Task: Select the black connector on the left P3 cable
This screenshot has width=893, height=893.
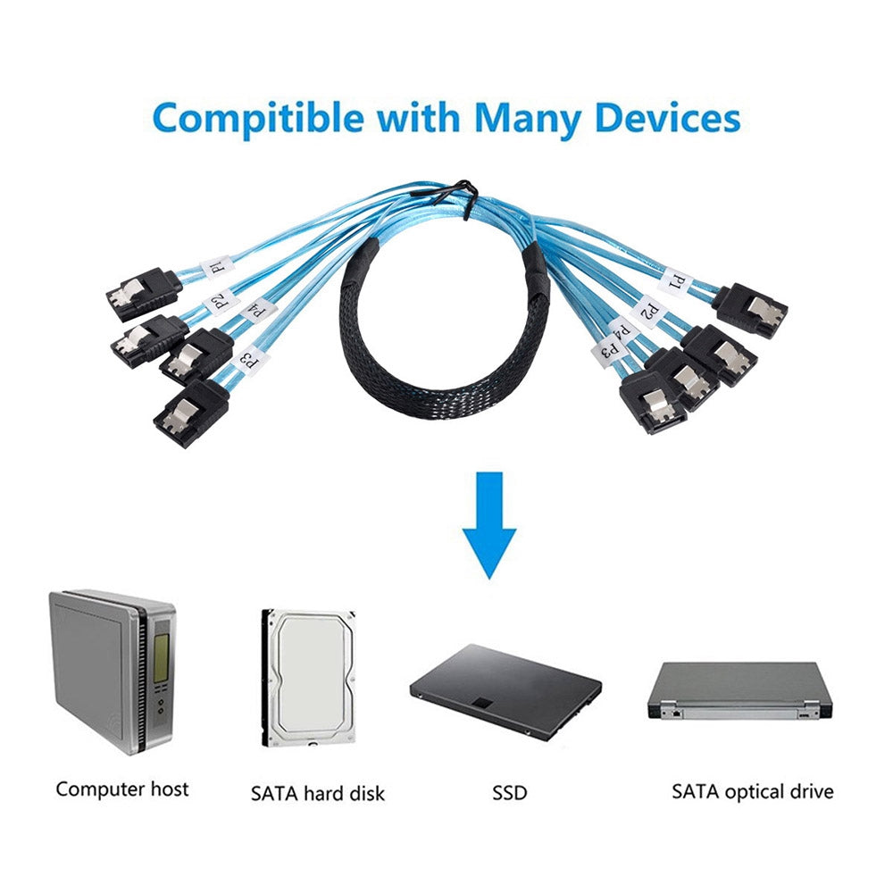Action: pos(189,413)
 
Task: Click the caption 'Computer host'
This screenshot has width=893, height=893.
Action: pos(122,789)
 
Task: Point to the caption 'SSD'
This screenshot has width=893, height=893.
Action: pos(509,792)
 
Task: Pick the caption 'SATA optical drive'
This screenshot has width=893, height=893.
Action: pos(752,791)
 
